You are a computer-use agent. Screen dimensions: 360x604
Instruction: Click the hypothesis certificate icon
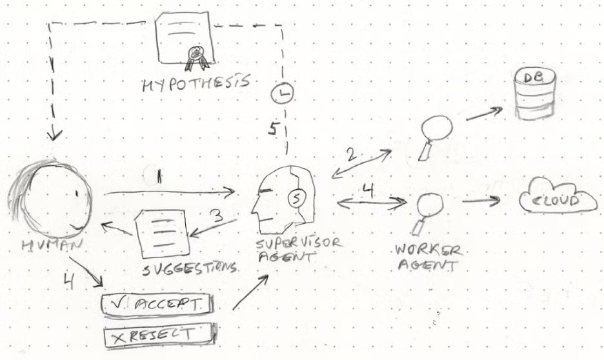click(x=185, y=39)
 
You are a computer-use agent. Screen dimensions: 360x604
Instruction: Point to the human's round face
click(x=50, y=196)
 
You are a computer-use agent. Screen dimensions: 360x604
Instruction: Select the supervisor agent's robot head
click(x=285, y=196)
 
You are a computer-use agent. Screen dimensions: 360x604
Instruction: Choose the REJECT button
click(x=159, y=335)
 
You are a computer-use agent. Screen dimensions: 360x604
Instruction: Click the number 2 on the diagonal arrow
click(x=350, y=155)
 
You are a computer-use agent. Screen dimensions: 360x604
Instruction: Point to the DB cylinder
click(x=534, y=94)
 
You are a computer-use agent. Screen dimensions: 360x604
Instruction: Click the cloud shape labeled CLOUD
click(x=559, y=201)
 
